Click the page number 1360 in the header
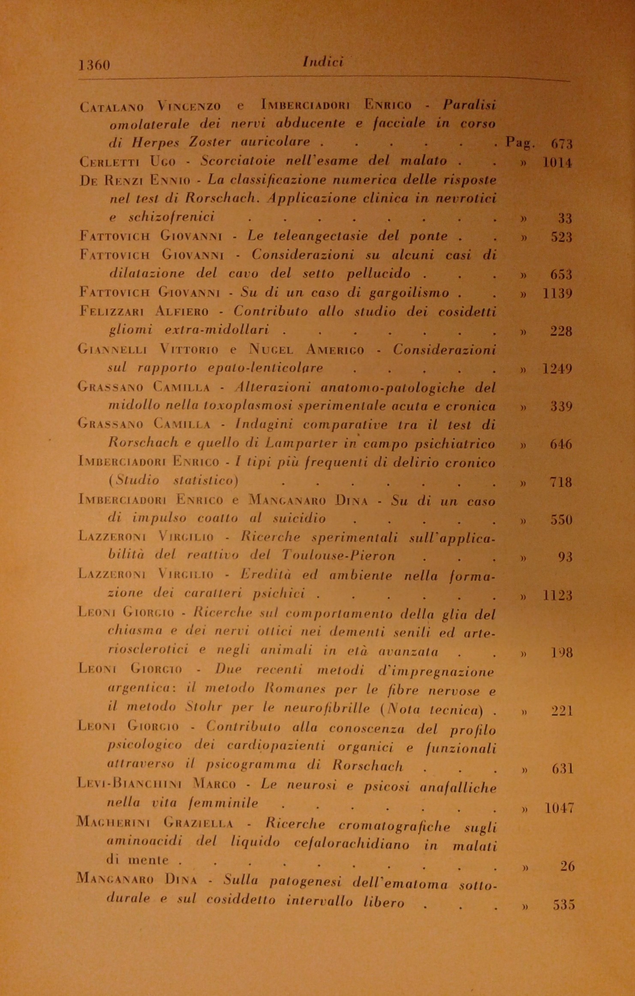coord(95,65)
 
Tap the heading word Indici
coord(323,62)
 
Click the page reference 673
coord(561,144)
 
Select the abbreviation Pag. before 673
coord(520,142)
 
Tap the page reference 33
coord(565,219)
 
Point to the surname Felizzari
coord(112,312)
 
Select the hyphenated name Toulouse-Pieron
coord(338,556)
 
